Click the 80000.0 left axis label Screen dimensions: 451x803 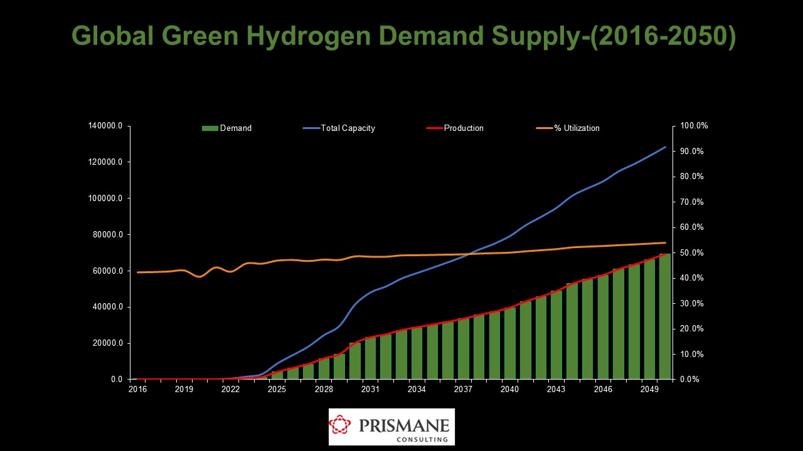pyautogui.click(x=107, y=235)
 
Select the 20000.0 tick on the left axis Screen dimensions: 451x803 pyautogui.click(x=107, y=343)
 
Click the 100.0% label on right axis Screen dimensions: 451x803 pyautogui.click(x=693, y=126)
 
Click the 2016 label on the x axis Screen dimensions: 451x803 pyautogui.click(x=137, y=390)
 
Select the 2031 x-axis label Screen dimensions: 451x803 pyautogui.click(x=370, y=390)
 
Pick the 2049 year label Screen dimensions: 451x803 pyautogui.click(x=649, y=390)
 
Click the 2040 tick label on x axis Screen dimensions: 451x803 pyautogui.click(x=510, y=390)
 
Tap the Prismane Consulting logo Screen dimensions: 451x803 pyautogui.click(x=391, y=427)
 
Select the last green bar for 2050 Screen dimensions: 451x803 pyautogui.click(x=664, y=316)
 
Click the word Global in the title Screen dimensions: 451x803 pyautogui.click(x=112, y=36)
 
